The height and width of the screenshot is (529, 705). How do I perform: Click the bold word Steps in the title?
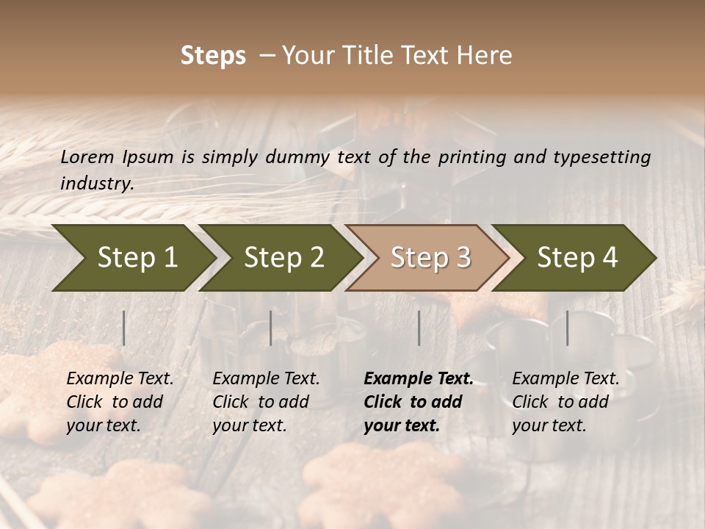pos(213,56)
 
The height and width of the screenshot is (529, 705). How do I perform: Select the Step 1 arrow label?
pos(137,257)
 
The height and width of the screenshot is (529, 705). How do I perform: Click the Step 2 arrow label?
pos(284,257)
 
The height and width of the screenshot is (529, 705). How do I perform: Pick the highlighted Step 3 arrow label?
pos(430,257)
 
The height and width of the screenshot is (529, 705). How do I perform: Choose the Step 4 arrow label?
pos(577,257)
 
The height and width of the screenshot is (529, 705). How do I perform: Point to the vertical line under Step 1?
pos(124,328)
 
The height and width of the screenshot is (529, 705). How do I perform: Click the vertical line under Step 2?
pos(271,328)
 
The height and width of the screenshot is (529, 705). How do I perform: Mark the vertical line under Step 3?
pos(419,328)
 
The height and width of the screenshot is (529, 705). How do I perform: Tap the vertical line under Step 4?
pos(568,328)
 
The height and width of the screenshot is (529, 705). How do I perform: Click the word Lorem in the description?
pos(87,156)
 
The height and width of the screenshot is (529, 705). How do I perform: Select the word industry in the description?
pos(97,183)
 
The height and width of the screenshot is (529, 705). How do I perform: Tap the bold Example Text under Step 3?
pos(419,378)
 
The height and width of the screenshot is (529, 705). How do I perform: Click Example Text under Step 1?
pos(120,378)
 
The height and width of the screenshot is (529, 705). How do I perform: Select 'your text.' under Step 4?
pos(549,425)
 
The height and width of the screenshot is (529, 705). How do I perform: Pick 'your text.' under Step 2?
pos(249,425)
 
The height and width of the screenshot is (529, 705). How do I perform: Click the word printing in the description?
pos(469,156)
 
